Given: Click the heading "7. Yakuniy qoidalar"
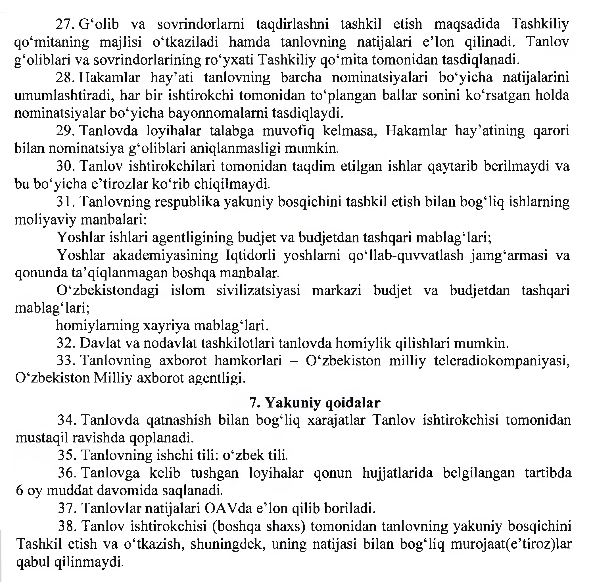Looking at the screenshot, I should [315, 403].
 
